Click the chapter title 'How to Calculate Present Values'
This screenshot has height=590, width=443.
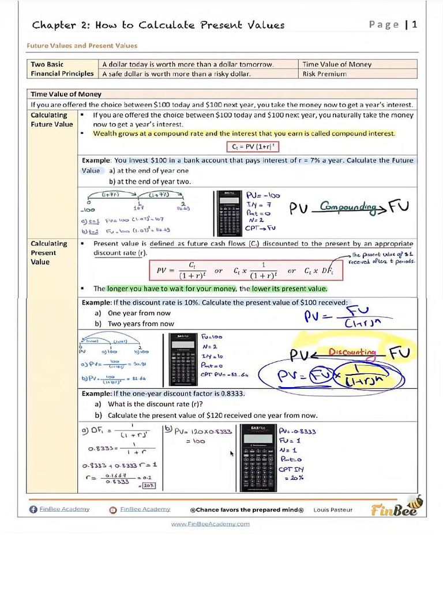190,25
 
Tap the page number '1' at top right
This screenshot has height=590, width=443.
414,24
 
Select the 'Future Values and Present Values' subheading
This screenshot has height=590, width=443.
82,46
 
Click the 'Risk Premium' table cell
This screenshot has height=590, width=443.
324,74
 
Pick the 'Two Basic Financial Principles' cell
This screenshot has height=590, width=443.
62,69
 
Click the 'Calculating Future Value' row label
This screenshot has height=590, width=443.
52,119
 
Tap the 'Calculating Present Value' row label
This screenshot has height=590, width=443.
49,252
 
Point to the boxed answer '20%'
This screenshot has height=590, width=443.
149,486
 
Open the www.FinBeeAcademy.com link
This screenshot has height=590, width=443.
211,524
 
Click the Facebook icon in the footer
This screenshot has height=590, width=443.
33,509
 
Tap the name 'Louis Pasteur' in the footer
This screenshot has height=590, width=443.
333,509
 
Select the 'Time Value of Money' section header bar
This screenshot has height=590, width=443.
222,94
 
